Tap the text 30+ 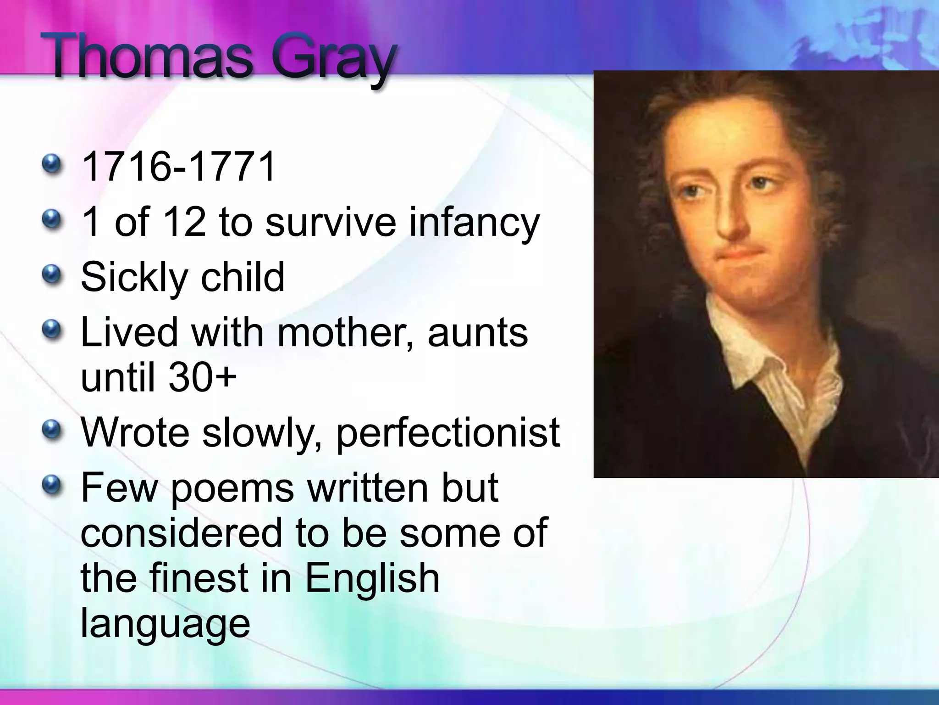[x=202, y=377]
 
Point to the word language [x=165, y=624]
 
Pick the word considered [x=182, y=532]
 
